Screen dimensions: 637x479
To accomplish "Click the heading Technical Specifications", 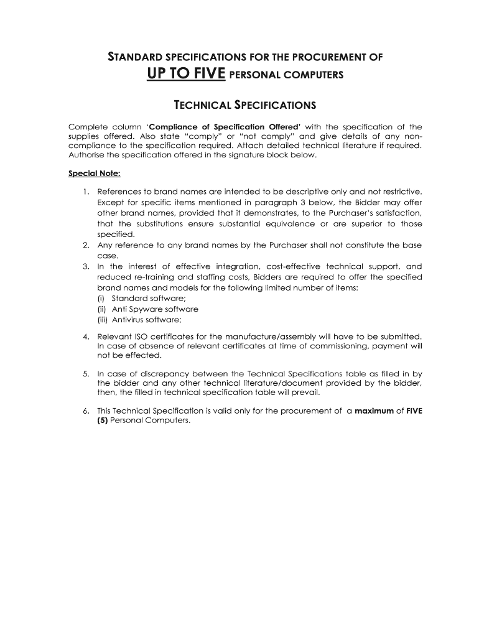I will click(x=244, y=105).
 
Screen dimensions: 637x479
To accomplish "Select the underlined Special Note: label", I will click(x=94, y=174).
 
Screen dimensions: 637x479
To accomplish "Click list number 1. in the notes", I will click(x=86, y=192).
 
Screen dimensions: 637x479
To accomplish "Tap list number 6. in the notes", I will click(x=86, y=411).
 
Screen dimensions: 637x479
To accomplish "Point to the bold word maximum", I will click(x=374, y=411).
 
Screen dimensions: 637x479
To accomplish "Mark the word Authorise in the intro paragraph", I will click(x=86, y=156).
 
